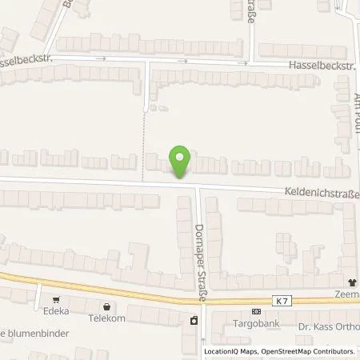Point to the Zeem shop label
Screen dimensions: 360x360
click(348, 294)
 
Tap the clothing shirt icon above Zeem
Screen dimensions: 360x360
click(349, 282)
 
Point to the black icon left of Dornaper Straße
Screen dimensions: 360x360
click(193, 321)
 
